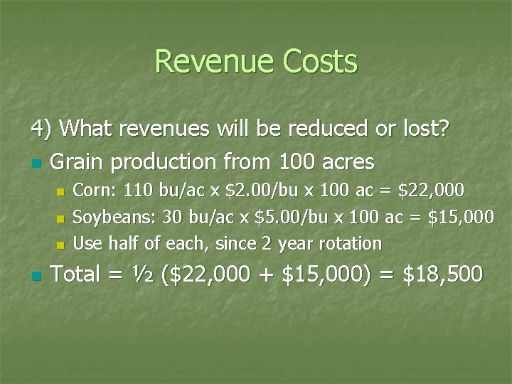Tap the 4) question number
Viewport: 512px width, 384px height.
[x=43, y=129]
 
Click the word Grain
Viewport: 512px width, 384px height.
[x=78, y=162]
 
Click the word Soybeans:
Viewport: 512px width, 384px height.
[x=110, y=217]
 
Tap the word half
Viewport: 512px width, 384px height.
[x=124, y=243]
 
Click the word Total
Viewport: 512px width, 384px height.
[x=78, y=273]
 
